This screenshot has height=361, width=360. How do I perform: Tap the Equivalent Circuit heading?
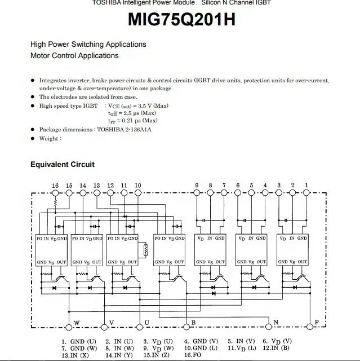click(63, 165)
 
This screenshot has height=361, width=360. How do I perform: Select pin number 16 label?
click(55, 186)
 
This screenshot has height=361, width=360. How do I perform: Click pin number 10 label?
click(138, 186)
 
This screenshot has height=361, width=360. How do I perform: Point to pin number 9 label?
click(197, 186)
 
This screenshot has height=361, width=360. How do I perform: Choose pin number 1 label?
click(306, 186)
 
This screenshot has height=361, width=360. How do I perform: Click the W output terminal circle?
click(69, 327)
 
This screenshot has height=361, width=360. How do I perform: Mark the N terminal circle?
click(269, 327)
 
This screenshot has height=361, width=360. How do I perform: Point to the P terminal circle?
click(309, 327)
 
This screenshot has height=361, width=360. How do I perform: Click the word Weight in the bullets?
click(49, 139)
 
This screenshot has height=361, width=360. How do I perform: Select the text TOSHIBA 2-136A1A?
click(124, 130)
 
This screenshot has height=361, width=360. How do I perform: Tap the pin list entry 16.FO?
click(193, 355)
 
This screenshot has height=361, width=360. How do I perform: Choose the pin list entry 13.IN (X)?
click(75, 355)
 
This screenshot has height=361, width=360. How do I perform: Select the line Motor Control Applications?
click(74, 56)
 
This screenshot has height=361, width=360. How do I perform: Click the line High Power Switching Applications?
click(88, 45)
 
